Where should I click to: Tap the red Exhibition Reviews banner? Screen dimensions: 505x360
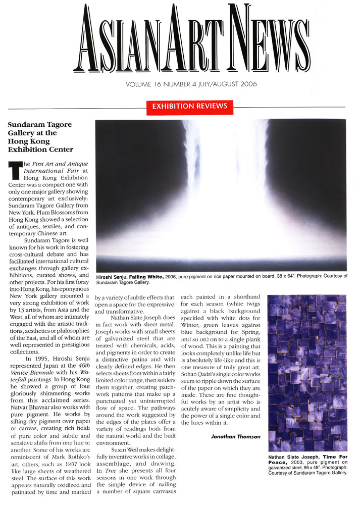point(187,107)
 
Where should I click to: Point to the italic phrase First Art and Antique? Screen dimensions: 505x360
point(57,164)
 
